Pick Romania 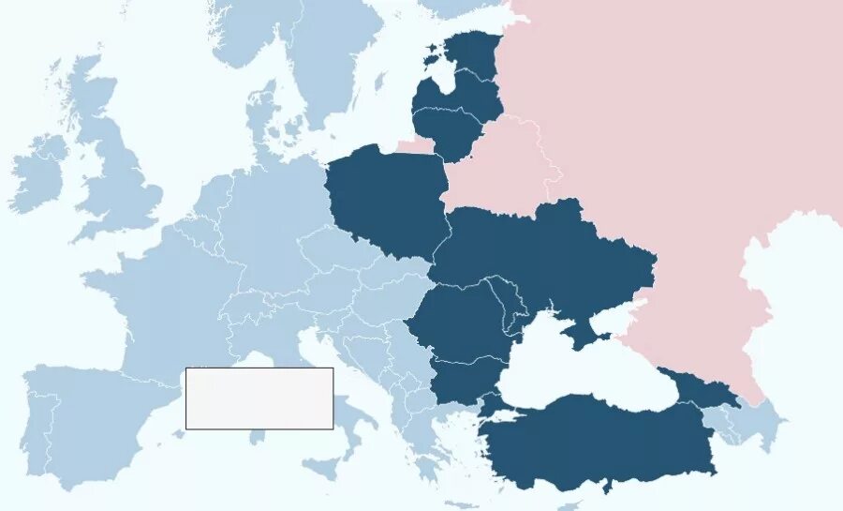pos(459,323)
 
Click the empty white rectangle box pos(259,398)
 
